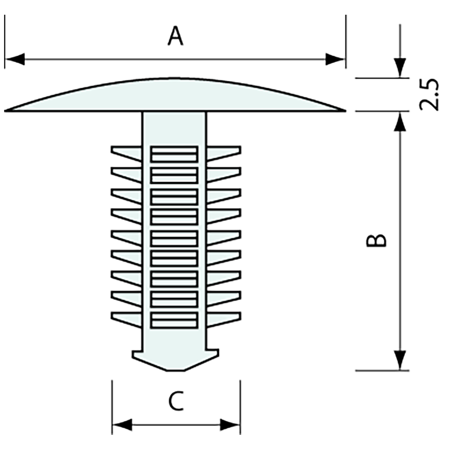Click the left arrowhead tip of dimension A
tap(6, 59)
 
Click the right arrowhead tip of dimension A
tap(345, 59)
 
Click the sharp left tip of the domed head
tap(4, 110)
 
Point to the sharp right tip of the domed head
tap(346, 110)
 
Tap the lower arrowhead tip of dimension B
tap(400, 370)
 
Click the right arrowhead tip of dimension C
tap(240, 425)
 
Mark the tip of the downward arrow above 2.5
tap(400, 77)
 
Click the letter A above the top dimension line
tap(175, 36)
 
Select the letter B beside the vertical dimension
tap(376, 241)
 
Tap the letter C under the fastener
tap(176, 401)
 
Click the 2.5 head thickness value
tap(429, 94)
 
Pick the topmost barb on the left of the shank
tap(126, 153)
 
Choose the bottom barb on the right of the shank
tap(223, 319)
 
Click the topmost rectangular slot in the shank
tap(174, 154)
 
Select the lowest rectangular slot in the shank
tap(174, 320)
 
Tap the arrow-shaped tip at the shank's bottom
tap(175, 360)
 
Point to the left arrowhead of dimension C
tap(122, 425)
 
